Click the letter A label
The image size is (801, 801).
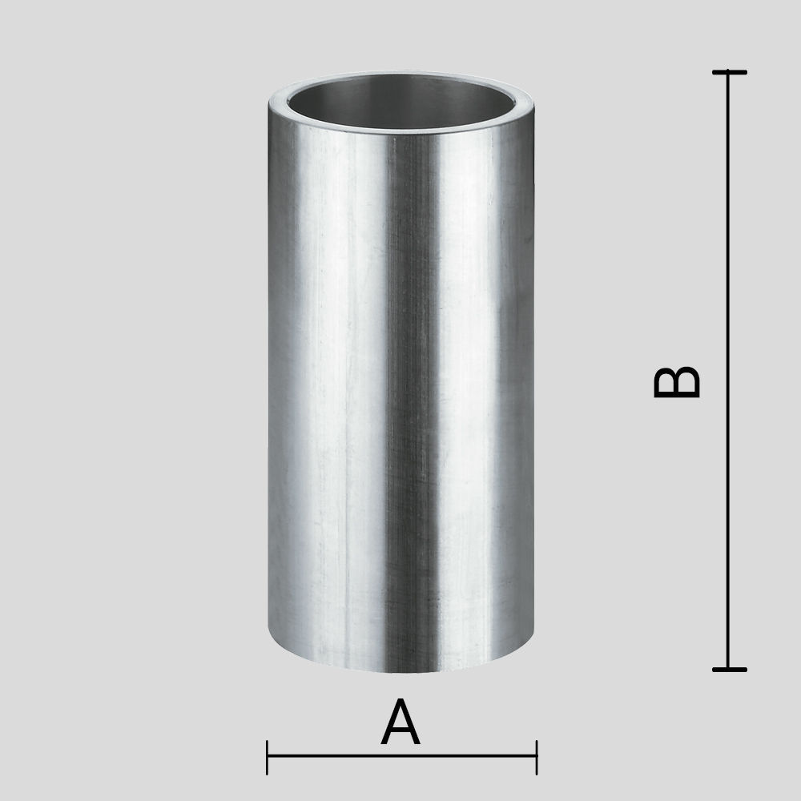coord(400,722)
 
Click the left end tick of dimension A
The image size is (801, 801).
coord(268,757)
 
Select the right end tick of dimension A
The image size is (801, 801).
coord(537,757)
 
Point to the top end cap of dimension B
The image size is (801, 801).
coord(730,73)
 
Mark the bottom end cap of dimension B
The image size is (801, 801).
coord(730,669)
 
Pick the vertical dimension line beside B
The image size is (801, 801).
coord(730,371)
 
